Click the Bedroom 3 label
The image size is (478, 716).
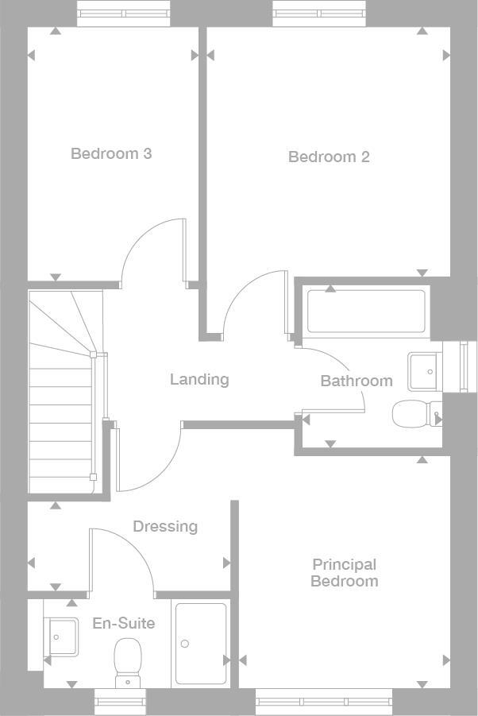point(111,153)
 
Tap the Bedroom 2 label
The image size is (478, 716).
point(329,157)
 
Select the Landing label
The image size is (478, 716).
point(199,379)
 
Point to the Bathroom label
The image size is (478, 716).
point(357,381)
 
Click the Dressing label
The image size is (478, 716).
point(165,526)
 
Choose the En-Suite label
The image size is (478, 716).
point(123,623)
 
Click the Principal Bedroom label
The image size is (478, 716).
point(344,572)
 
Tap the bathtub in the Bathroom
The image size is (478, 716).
point(366,311)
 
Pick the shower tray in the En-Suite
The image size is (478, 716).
point(200,644)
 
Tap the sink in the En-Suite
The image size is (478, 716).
point(61,637)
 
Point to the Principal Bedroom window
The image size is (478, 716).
point(324,702)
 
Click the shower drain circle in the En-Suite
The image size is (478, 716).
point(184,644)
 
